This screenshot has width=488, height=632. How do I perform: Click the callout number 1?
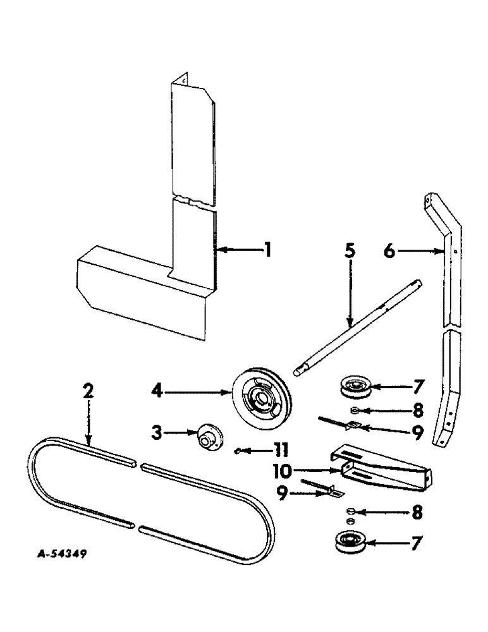[268, 251]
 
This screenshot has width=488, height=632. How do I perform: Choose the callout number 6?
[390, 252]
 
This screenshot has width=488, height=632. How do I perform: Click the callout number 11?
[279, 450]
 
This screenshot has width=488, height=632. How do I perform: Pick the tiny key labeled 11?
[236, 450]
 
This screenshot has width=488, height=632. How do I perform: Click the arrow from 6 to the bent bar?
[420, 252]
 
